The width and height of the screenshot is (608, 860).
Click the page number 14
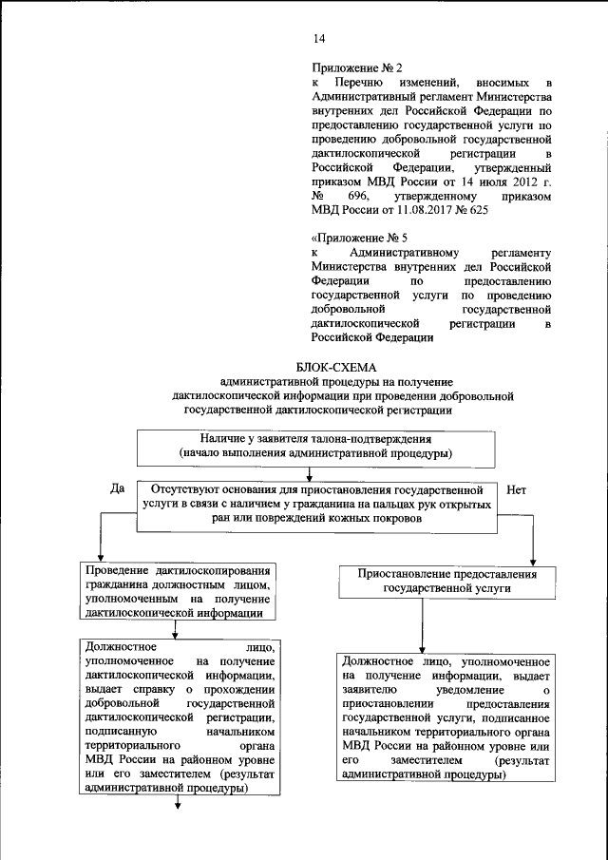click(x=319, y=38)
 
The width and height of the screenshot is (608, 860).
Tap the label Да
click(x=118, y=488)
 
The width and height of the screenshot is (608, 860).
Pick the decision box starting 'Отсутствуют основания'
click(x=317, y=504)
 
